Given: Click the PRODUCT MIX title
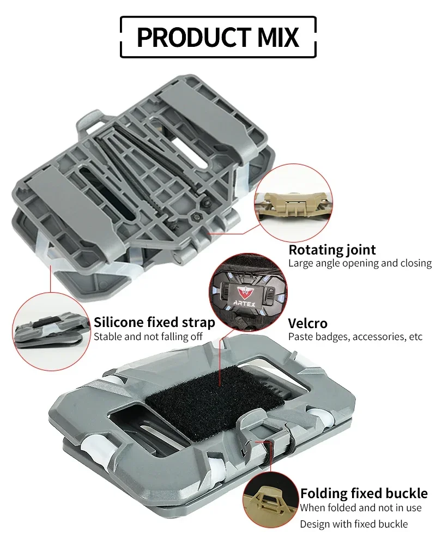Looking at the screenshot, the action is [x=218, y=37].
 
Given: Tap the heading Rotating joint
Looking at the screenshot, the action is [x=332, y=250].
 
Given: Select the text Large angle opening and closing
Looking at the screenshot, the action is [x=360, y=263].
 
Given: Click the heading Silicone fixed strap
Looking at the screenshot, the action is [x=154, y=322].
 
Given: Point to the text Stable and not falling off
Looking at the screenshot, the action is [x=148, y=336].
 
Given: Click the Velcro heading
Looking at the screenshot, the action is [x=308, y=323].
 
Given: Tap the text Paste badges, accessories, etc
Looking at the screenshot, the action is [x=355, y=337].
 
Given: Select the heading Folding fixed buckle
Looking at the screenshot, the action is [x=364, y=493].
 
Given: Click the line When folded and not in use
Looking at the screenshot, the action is [x=361, y=508].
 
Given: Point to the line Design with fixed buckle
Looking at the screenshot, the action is [x=354, y=524].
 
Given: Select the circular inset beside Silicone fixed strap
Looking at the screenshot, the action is [x=51, y=331].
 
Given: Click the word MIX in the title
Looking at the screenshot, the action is [x=278, y=37].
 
